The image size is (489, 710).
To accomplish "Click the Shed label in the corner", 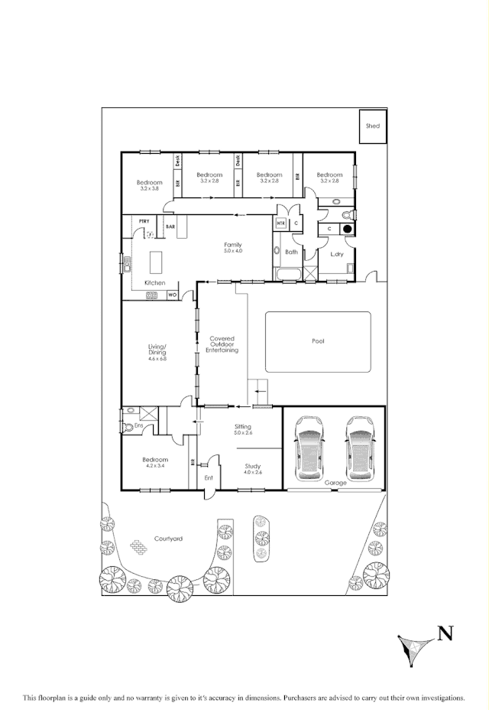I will (372, 125).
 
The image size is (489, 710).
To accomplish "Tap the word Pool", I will (318, 341).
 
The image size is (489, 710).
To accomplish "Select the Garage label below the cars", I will (335, 483).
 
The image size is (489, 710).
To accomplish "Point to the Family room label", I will (233, 244).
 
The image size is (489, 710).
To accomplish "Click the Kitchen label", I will (155, 283).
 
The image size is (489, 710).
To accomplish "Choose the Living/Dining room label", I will (157, 350).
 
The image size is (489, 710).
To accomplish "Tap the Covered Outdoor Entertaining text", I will (222, 344).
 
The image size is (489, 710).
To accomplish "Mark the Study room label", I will (253, 466).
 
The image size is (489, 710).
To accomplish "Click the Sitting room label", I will (242, 427).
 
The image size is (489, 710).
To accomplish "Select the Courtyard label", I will (168, 539).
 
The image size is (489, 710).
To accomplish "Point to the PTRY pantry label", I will (143, 221).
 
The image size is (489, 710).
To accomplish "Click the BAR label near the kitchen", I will (170, 226).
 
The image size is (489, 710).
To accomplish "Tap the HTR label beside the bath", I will (280, 223).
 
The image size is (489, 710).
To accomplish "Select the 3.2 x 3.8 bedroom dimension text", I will (149, 188).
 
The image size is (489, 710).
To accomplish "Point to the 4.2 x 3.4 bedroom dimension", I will (156, 465).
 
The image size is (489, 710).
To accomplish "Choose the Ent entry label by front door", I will (209, 478).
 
